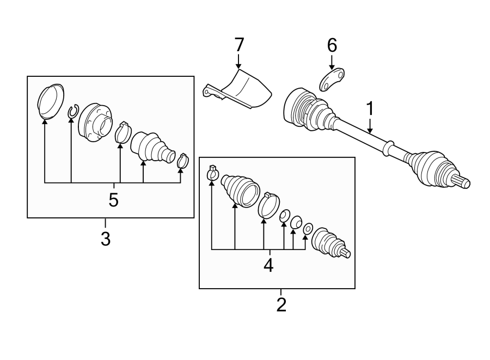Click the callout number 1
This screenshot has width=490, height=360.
[370, 108]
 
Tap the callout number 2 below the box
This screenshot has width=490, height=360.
[281, 304]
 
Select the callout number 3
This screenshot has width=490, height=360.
[105, 238]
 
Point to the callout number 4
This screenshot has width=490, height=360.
[268, 265]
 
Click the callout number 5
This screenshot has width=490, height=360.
[113, 199]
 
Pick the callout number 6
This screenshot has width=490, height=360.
[332, 45]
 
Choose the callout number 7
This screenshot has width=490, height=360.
[238, 45]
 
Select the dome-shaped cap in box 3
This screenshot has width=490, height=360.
[50, 100]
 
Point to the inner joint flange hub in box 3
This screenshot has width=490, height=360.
[95, 123]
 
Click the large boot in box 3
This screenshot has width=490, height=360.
[152, 147]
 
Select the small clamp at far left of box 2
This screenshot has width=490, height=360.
[213, 174]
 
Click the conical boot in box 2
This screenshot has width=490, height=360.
[239, 189]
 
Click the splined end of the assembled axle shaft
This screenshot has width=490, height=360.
[462, 182]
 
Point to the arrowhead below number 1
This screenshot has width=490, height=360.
[370, 131]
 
